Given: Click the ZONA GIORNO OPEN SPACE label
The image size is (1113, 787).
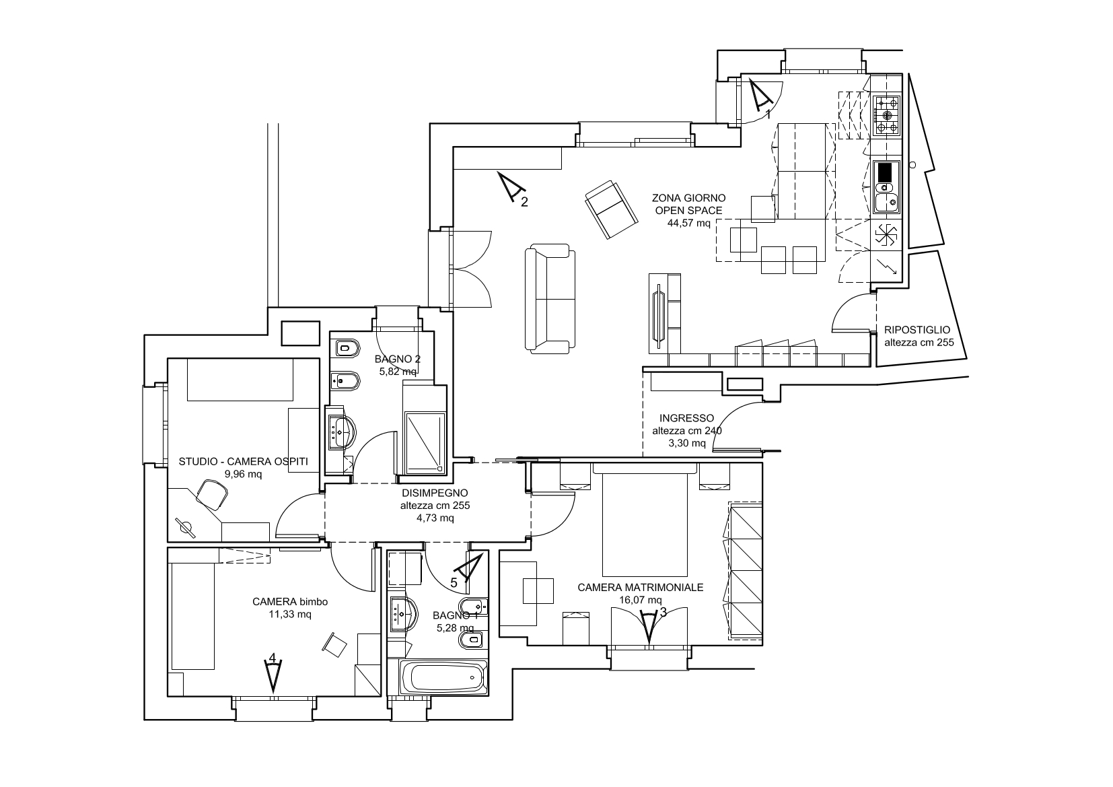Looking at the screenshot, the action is [x=688, y=205].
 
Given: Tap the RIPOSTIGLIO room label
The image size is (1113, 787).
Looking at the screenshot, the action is [x=917, y=330].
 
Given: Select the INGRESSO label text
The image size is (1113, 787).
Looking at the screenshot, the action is [x=686, y=418].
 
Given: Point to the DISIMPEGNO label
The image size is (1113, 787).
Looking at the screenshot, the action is [x=435, y=493].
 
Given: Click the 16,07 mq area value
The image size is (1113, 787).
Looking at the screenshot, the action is [x=641, y=600].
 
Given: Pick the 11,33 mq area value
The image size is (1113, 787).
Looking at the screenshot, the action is [x=290, y=615].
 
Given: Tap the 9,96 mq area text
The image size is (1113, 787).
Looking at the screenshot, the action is [x=243, y=475].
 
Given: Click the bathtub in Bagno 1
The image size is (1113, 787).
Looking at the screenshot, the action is [x=443, y=677].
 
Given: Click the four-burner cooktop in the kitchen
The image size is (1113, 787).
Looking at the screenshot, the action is [x=887, y=116].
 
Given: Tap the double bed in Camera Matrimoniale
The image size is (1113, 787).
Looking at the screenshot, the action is [x=645, y=520].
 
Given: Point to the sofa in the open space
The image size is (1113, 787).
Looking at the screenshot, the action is [x=550, y=299].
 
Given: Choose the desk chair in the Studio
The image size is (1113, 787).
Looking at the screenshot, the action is [x=212, y=495].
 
